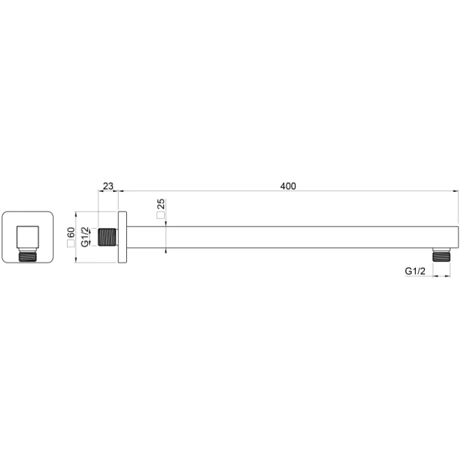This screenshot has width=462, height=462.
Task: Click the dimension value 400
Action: [288, 186]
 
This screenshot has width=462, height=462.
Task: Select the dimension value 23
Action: [108, 186]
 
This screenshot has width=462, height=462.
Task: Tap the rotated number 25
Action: [161, 204]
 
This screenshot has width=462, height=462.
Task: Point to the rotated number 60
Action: [71, 233]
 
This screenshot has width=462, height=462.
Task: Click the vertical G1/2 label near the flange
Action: [85, 237]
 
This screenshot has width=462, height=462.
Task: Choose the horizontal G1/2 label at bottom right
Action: [415, 271]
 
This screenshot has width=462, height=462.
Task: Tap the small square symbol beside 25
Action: [161, 215]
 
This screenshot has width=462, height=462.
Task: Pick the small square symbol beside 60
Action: [71, 243]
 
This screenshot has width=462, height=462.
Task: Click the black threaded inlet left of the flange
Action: [107, 237]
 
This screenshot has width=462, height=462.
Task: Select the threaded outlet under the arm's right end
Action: [442, 255]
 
